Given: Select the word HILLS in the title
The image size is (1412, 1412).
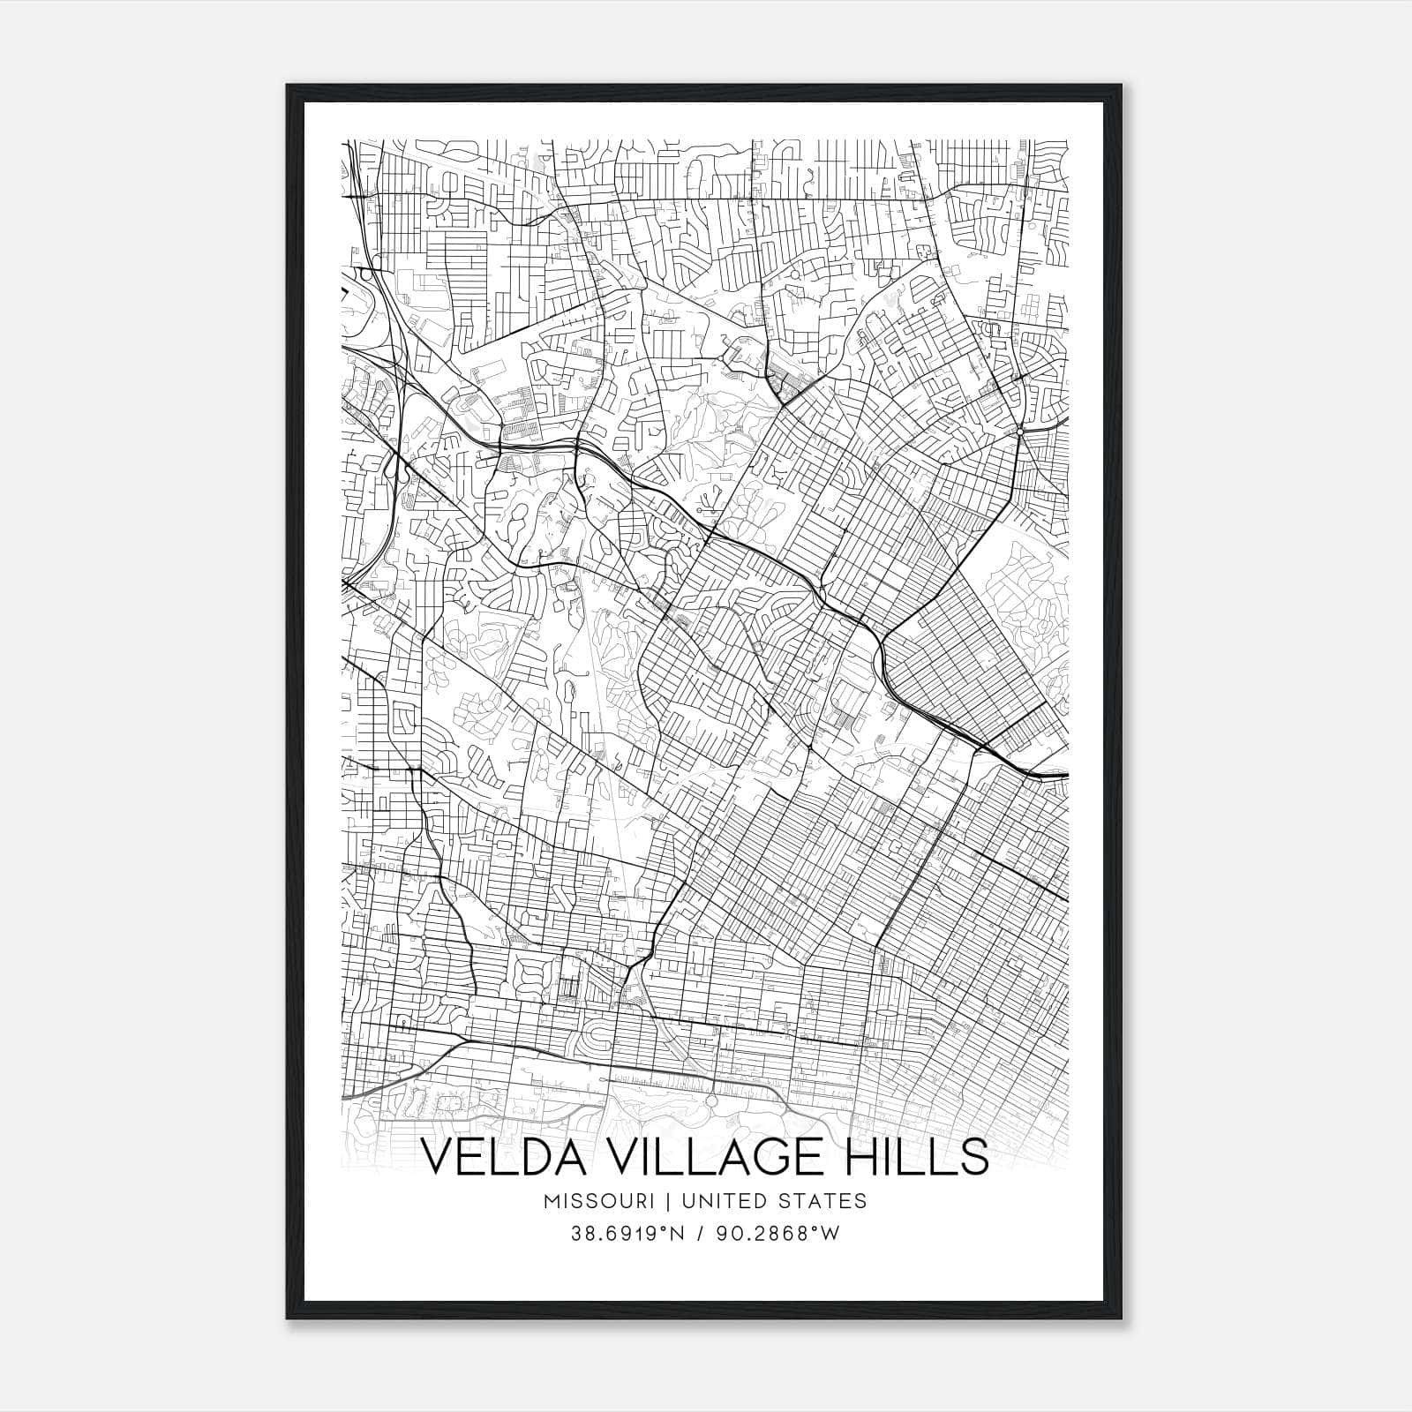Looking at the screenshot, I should click(x=918, y=1158).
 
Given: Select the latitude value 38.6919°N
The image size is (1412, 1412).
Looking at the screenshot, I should click(x=628, y=1235).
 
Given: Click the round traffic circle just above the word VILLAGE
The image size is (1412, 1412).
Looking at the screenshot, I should click(x=711, y=1102).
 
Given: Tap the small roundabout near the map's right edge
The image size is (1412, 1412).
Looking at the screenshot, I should click(x=1020, y=432).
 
